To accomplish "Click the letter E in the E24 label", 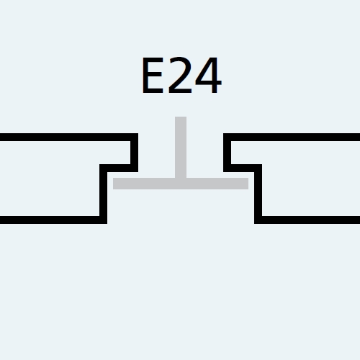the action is tap(153, 75).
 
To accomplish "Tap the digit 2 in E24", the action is tap(180, 75).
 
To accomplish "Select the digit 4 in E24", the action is tap(208, 75).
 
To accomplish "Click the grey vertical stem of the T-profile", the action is tap(181, 147).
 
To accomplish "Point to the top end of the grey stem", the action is tap(181, 117).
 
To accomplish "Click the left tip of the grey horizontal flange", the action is tap(113, 184).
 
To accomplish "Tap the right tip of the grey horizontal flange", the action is tap(248, 184).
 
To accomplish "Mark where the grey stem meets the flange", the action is tap(181, 184).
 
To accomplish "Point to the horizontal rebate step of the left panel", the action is tap(119, 168).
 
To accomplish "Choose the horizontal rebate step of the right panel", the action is tap(243, 168).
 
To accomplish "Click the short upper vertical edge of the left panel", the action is tap(135, 153).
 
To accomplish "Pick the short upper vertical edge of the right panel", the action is tap(227, 153).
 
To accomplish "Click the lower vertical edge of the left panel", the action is tap(104, 194).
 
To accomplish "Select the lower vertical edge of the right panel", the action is tap(258, 194).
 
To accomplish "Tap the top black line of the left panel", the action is tap(69, 138).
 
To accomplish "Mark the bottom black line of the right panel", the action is tap(307, 220).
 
